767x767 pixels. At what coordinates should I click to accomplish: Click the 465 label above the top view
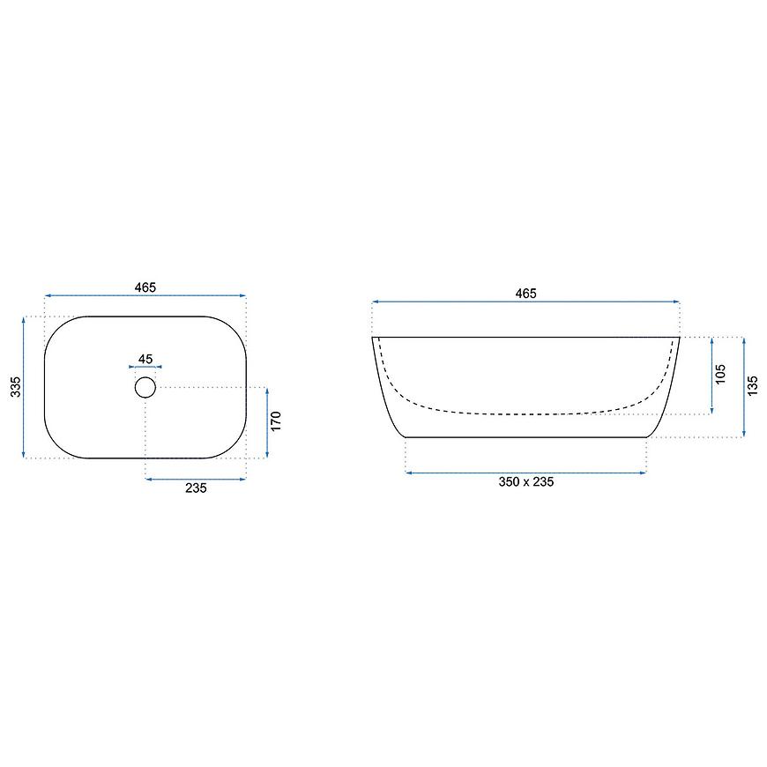145,287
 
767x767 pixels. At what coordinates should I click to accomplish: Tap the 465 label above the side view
525,294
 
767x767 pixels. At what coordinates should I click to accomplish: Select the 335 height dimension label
16,386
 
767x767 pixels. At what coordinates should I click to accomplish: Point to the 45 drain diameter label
145,359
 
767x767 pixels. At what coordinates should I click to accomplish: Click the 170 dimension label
276,421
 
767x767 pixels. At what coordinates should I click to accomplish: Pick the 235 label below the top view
196,488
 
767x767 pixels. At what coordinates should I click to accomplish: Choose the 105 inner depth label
720,374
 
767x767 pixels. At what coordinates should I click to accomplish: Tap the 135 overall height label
752,385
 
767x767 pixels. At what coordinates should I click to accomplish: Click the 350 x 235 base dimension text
525,482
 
